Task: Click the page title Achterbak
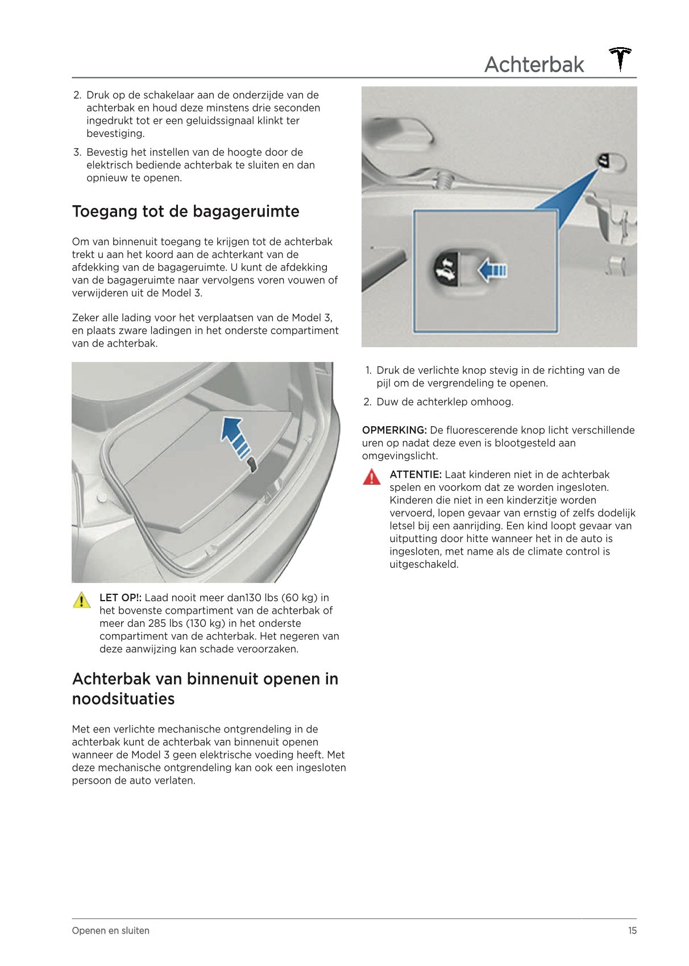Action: (x=534, y=65)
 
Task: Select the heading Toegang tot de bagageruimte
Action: (x=185, y=211)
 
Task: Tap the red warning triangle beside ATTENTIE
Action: (x=371, y=477)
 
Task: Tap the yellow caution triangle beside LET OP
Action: (x=82, y=600)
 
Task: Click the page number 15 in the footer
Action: (x=632, y=931)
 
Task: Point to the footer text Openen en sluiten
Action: (x=111, y=931)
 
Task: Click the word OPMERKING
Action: (x=394, y=430)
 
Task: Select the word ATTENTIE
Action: (x=415, y=474)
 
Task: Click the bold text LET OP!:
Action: (x=121, y=598)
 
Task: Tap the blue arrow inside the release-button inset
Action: (x=492, y=270)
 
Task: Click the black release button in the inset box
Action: (x=445, y=269)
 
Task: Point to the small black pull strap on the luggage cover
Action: (x=252, y=466)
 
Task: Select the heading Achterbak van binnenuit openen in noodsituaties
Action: (x=205, y=689)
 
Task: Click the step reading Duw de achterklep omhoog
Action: (x=445, y=402)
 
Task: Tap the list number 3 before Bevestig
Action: (x=77, y=152)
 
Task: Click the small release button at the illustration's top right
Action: (x=604, y=161)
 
